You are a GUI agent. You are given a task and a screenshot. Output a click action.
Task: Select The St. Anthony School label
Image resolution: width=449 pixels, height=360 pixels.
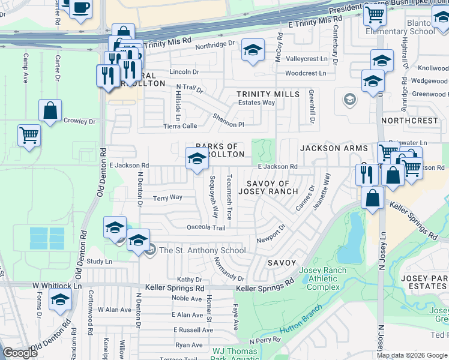202,250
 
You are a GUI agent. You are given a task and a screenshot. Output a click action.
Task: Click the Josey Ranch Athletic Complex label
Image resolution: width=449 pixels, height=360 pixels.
327,278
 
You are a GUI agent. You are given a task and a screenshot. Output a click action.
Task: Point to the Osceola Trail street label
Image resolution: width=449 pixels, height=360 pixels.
206,227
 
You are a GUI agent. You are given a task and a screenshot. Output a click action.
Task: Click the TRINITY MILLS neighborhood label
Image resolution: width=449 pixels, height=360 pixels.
268,94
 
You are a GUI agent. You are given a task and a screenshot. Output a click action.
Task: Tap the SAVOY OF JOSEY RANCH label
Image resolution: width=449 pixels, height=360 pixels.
268,187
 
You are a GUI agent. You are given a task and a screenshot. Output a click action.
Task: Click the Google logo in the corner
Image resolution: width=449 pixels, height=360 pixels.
20,353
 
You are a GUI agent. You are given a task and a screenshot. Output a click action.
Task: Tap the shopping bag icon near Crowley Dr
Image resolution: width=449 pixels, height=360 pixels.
50,110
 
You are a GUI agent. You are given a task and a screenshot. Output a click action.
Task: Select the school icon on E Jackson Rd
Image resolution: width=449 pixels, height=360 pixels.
196,160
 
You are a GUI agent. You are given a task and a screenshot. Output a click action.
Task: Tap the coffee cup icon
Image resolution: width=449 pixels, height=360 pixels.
80,8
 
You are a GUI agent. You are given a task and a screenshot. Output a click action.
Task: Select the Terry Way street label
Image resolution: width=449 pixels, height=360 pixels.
167,197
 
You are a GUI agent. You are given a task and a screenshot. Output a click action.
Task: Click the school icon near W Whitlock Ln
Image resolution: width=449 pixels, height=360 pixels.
60,299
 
